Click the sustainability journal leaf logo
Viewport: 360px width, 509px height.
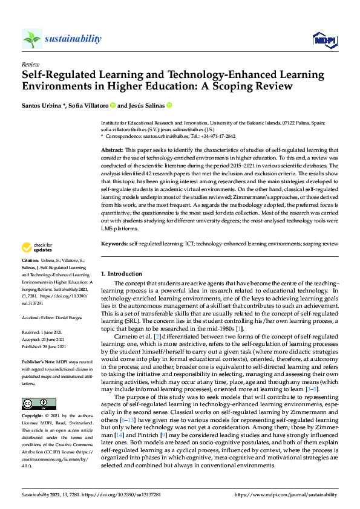(31, 39)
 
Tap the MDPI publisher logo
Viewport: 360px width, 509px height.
(324, 40)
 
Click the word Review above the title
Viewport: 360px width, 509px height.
(30, 63)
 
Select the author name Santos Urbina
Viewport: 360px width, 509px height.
(42, 105)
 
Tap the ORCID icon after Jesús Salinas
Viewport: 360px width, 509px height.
(169, 105)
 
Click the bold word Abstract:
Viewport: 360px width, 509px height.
(112, 149)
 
